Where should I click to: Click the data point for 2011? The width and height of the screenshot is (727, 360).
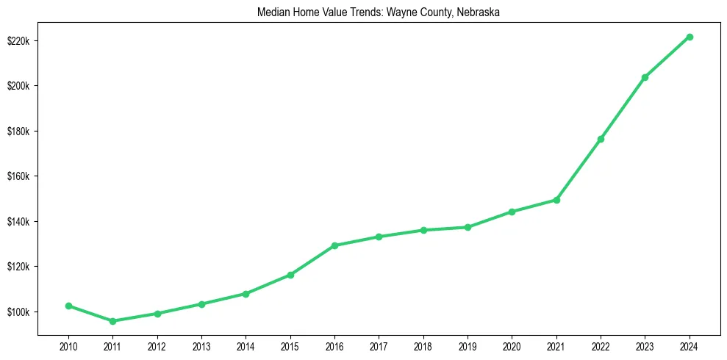tap(112, 321)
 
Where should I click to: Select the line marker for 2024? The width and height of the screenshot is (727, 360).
tap(690, 37)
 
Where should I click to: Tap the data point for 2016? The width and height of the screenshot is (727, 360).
tap(334, 245)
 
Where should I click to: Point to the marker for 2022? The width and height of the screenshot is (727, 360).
tap(601, 139)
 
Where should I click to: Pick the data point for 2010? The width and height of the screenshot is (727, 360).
tap(68, 306)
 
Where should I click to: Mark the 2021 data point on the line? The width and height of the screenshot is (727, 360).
tap(556, 200)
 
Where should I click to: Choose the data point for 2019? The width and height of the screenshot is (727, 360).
tap(468, 227)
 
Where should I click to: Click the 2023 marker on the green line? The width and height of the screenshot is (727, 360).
tap(645, 77)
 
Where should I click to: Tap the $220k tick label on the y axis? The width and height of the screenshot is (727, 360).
tap(19, 40)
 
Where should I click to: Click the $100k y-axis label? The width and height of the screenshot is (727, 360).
tap(19, 312)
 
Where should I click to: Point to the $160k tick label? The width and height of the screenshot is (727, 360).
tap(19, 176)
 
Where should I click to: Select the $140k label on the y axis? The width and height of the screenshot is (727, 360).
tap(19, 222)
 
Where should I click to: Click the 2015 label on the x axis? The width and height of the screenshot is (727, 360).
tap(290, 345)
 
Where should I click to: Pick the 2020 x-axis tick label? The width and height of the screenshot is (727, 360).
tap(512, 345)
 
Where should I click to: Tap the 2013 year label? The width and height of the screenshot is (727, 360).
tap(201, 345)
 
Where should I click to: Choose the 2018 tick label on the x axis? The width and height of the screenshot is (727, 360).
tap(423, 345)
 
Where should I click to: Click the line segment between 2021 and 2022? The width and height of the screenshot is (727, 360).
tap(579, 170)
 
